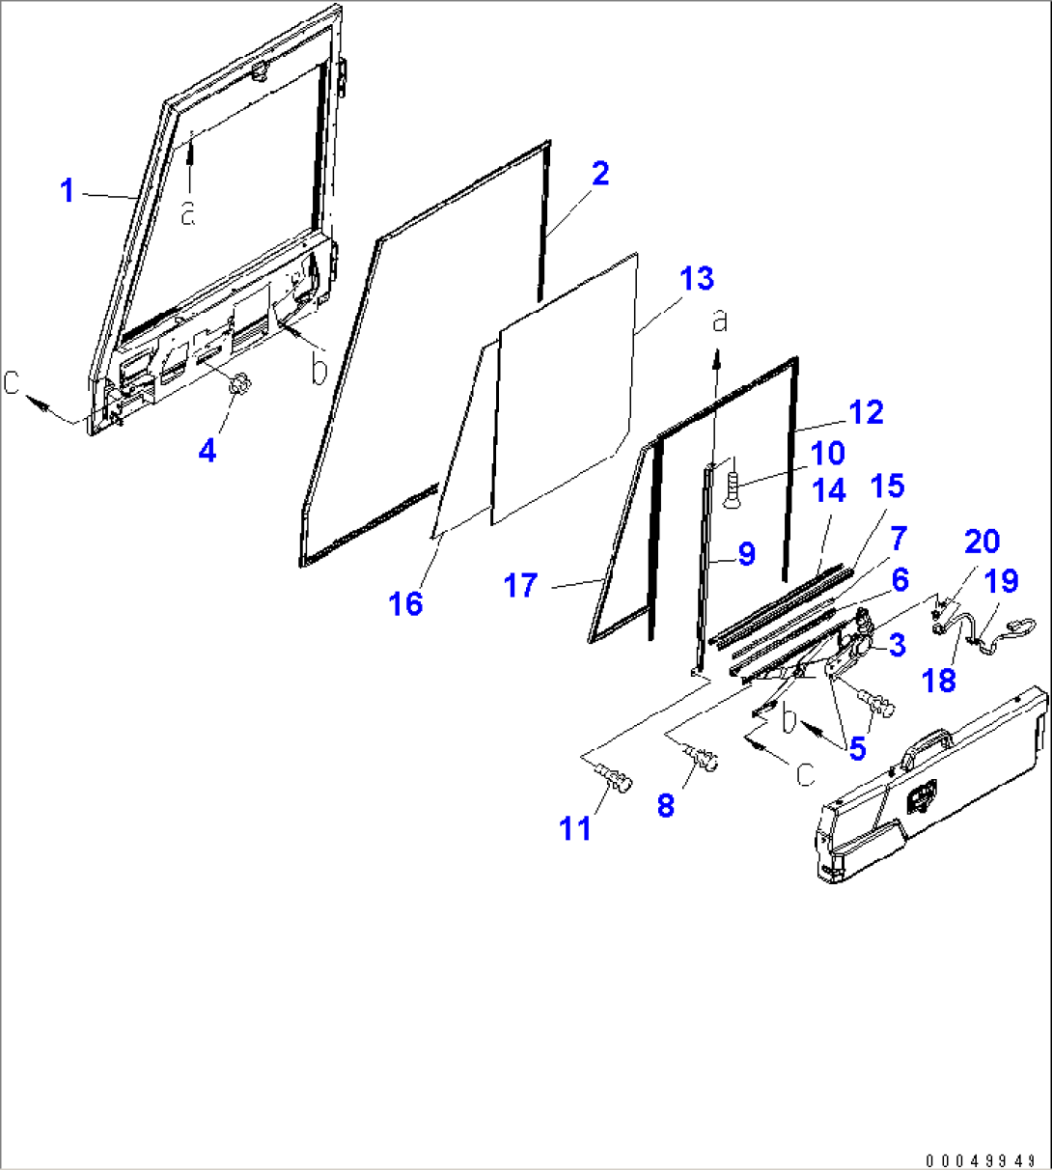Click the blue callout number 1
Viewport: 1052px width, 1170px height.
(x=68, y=191)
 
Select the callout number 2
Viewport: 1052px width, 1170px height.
(x=600, y=174)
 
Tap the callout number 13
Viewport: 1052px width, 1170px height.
(x=697, y=279)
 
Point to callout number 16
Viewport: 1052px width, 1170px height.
(x=405, y=603)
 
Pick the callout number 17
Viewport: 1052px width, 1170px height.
(x=520, y=585)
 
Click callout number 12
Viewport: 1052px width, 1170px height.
(x=866, y=412)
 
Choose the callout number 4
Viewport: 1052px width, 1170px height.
(x=208, y=450)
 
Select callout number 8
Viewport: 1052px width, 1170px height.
(x=665, y=805)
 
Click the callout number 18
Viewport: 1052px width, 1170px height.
(x=939, y=680)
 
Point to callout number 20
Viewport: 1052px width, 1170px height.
(x=982, y=542)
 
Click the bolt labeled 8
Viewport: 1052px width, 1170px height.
(x=701, y=758)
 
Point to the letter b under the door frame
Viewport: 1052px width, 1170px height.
(x=318, y=369)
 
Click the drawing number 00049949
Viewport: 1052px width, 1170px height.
(x=981, y=1160)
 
